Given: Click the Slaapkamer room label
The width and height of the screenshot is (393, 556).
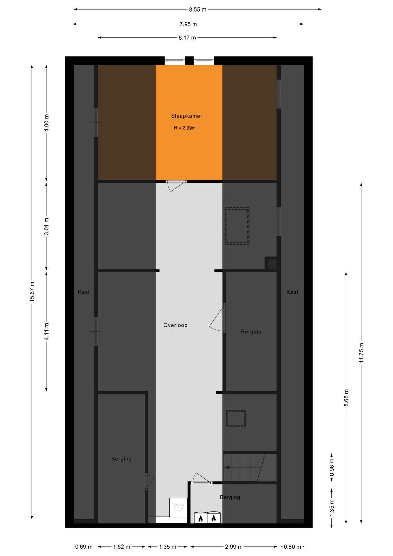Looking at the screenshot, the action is pyautogui.click(x=187, y=116).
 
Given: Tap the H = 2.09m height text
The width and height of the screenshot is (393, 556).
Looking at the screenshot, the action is pyautogui.click(x=185, y=128).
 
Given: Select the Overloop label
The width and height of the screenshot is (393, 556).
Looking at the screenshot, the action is pyautogui.click(x=175, y=325).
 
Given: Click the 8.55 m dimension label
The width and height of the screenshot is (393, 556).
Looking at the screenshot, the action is pyautogui.click(x=198, y=10).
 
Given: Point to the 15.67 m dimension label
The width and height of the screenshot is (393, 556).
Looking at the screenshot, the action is pyautogui.click(x=32, y=292).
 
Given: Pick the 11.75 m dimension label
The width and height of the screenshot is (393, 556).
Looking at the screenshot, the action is pyautogui.click(x=361, y=353).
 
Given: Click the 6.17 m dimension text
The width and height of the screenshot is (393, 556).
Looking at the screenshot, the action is pyautogui.click(x=187, y=38).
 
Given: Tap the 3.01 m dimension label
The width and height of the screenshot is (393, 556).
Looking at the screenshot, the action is pyautogui.click(x=47, y=226).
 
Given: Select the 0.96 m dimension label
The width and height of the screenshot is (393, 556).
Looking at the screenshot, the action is pyautogui.click(x=332, y=467).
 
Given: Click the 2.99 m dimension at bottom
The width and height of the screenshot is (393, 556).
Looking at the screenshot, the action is pyautogui.click(x=234, y=547).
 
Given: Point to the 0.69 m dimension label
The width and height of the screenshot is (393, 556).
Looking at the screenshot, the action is pyautogui.click(x=84, y=547).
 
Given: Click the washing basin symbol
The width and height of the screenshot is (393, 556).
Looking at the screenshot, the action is pyautogui.click(x=179, y=507).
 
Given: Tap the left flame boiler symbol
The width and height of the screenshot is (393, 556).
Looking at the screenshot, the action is pyautogui.click(x=201, y=518).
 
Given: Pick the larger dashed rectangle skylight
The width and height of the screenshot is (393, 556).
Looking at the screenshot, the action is pyautogui.click(x=237, y=226).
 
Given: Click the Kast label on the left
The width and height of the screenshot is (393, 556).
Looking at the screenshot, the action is pyautogui.click(x=84, y=292).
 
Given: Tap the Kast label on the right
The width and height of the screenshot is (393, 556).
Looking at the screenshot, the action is pyautogui.click(x=292, y=292).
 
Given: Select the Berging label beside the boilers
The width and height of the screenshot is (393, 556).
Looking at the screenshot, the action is pyautogui.click(x=230, y=498).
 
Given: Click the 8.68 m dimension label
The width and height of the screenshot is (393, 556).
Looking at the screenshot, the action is pyautogui.click(x=346, y=398).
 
